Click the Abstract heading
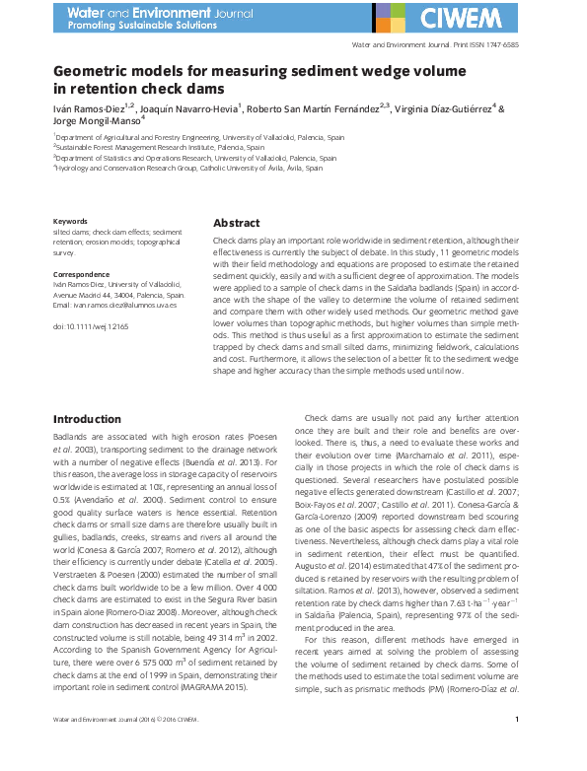237,223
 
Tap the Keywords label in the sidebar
70,222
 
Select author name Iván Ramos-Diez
95,108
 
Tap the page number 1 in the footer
517,748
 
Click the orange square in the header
396,25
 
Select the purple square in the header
381,10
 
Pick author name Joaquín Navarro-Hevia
211,108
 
